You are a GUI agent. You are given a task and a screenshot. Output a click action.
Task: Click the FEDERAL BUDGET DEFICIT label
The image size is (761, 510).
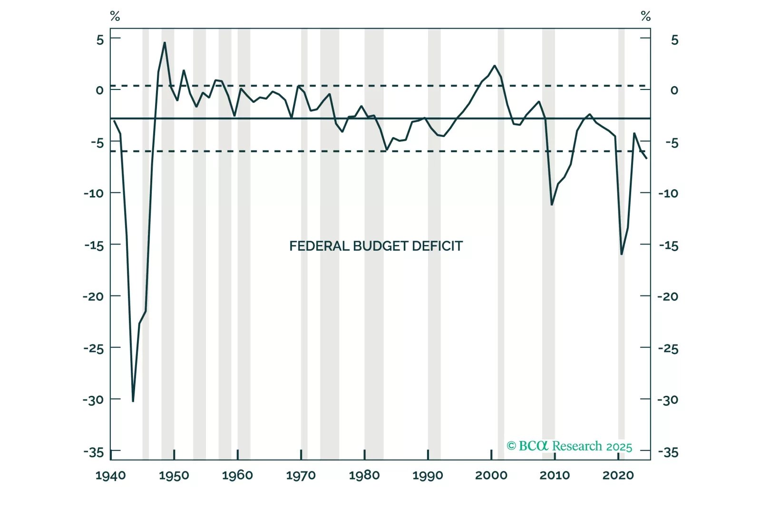(x=376, y=246)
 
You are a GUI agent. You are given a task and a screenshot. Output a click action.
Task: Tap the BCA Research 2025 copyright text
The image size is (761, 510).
(x=569, y=446)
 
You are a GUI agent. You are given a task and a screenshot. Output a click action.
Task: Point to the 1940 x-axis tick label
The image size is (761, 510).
(x=110, y=475)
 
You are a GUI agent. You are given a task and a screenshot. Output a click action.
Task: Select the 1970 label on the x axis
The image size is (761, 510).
(x=301, y=475)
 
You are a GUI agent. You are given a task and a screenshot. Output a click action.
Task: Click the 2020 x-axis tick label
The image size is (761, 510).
(x=618, y=475)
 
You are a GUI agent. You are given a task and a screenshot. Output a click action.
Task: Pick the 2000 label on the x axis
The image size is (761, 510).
(x=491, y=475)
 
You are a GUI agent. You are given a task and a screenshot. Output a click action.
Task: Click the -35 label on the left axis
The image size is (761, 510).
(x=94, y=452)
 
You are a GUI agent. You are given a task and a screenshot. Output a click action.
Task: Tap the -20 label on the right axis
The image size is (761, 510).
(x=668, y=296)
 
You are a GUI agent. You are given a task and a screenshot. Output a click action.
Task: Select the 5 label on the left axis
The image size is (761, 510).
(x=100, y=39)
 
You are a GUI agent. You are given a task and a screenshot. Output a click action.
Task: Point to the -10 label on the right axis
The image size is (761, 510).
(x=668, y=193)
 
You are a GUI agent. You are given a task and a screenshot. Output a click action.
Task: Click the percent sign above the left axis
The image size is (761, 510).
(x=115, y=17)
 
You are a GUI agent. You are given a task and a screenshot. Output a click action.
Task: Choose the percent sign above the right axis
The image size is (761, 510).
(x=645, y=17)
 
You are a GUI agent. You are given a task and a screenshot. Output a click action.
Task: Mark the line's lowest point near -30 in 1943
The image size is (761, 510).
(x=133, y=401)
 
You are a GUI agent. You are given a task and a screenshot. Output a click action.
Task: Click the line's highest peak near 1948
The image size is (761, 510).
(x=165, y=42)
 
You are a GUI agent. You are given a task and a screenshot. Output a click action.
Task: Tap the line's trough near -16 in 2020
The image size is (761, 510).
(x=622, y=255)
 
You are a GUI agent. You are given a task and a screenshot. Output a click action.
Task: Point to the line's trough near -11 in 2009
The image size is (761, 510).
(x=552, y=205)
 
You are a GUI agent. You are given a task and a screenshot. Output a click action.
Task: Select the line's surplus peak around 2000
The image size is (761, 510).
(x=495, y=66)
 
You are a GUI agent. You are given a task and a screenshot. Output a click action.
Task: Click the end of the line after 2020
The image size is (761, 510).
(x=646, y=158)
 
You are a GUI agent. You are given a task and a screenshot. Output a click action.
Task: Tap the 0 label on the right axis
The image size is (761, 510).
(x=674, y=90)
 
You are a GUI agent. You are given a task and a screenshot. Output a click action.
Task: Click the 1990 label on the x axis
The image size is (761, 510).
(x=428, y=475)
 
